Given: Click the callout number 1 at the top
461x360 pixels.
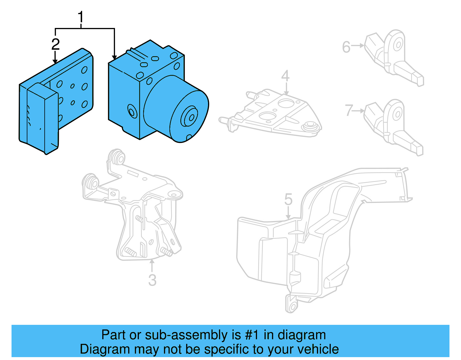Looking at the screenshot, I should coord(81,17).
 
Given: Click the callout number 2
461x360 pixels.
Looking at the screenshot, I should coord(55,44).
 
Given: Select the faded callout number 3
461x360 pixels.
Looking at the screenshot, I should coord(152,280).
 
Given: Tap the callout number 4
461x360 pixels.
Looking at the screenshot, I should coord(285,76).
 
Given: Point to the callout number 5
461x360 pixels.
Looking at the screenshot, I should coord(288,199).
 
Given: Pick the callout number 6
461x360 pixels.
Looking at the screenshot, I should coord(346,47).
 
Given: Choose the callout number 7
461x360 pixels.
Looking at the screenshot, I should coord(349,110).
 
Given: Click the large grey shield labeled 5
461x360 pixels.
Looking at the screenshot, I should coord(317,245).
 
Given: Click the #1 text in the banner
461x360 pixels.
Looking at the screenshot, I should coord(252,335).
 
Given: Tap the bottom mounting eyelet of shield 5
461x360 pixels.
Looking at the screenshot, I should coord(292,306).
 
